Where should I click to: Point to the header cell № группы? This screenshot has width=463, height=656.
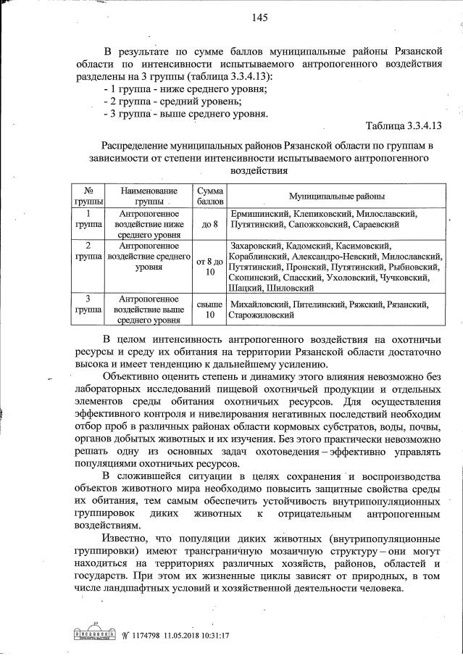(88, 196)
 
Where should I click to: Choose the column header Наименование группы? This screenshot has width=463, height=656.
(149, 196)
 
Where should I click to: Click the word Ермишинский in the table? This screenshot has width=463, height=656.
(259, 214)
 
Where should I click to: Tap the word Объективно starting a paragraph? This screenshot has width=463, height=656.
(132, 377)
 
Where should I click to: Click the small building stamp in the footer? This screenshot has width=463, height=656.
(87, 634)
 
